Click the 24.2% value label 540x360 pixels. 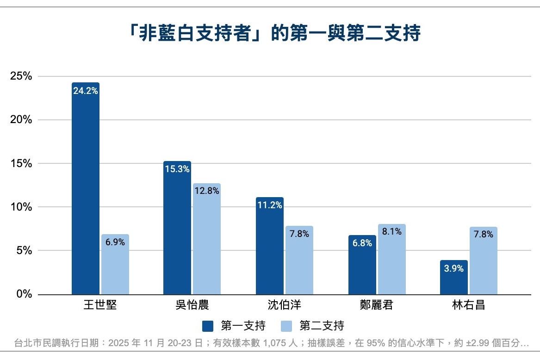tap(86, 91)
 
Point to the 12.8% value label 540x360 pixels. tap(207, 191)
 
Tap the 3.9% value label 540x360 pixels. tap(454, 268)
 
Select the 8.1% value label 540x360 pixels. tap(391, 232)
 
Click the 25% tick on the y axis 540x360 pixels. tap(21, 76)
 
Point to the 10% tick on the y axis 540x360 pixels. tap(21, 207)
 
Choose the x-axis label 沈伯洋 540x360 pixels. tap(284, 306)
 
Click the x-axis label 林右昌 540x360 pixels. tap(468, 306)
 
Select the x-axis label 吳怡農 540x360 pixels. tap(192, 306)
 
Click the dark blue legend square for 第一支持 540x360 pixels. tap(208, 326)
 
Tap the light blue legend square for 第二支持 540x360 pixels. tap(286, 326)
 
